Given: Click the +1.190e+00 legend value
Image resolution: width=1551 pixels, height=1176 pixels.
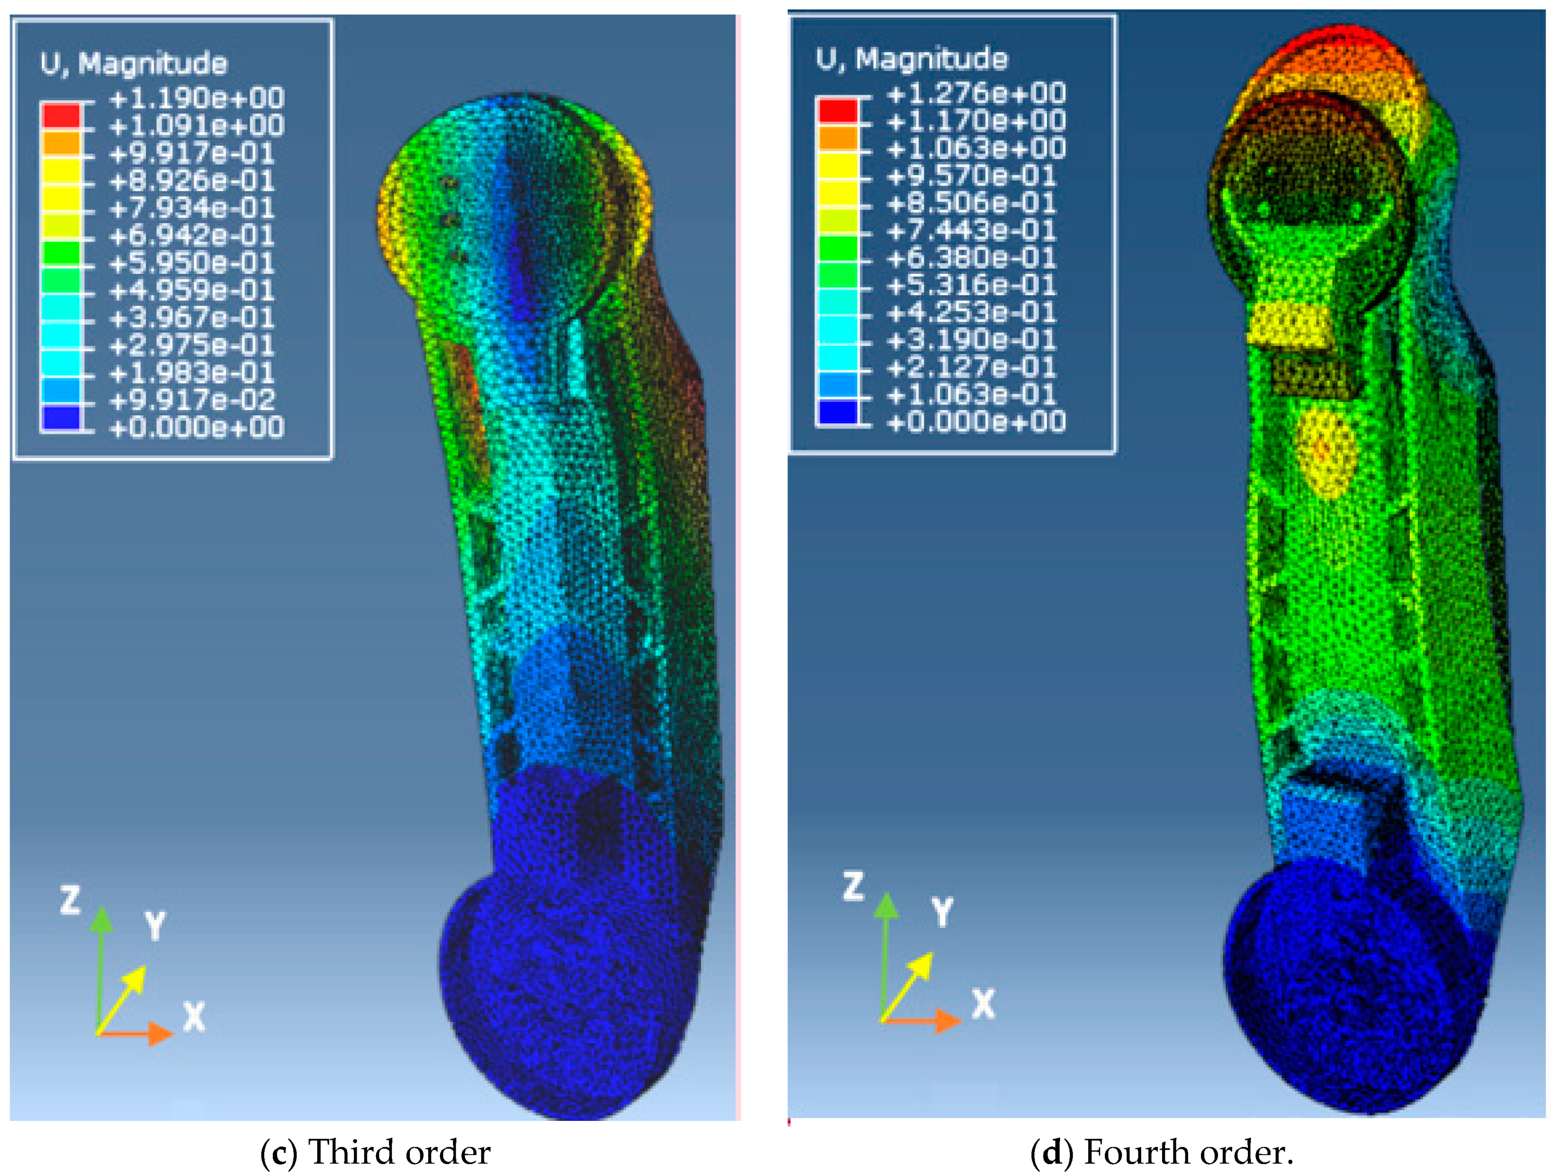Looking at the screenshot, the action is point(196,98).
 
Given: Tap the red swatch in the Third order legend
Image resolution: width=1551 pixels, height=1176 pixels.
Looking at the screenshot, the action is point(61,115).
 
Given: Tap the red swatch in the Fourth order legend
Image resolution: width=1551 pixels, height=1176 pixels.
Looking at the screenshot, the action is point(838,111).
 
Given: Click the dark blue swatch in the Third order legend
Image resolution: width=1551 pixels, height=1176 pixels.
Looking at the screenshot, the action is point(61,418).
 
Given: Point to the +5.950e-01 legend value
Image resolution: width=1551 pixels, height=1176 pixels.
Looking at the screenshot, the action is point(192,262).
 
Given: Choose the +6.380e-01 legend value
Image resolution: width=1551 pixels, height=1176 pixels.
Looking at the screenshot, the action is point(971,258).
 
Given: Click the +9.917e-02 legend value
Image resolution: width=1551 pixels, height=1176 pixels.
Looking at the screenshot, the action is point(192,400).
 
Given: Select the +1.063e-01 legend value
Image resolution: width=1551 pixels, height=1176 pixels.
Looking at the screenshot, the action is point(971,394).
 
